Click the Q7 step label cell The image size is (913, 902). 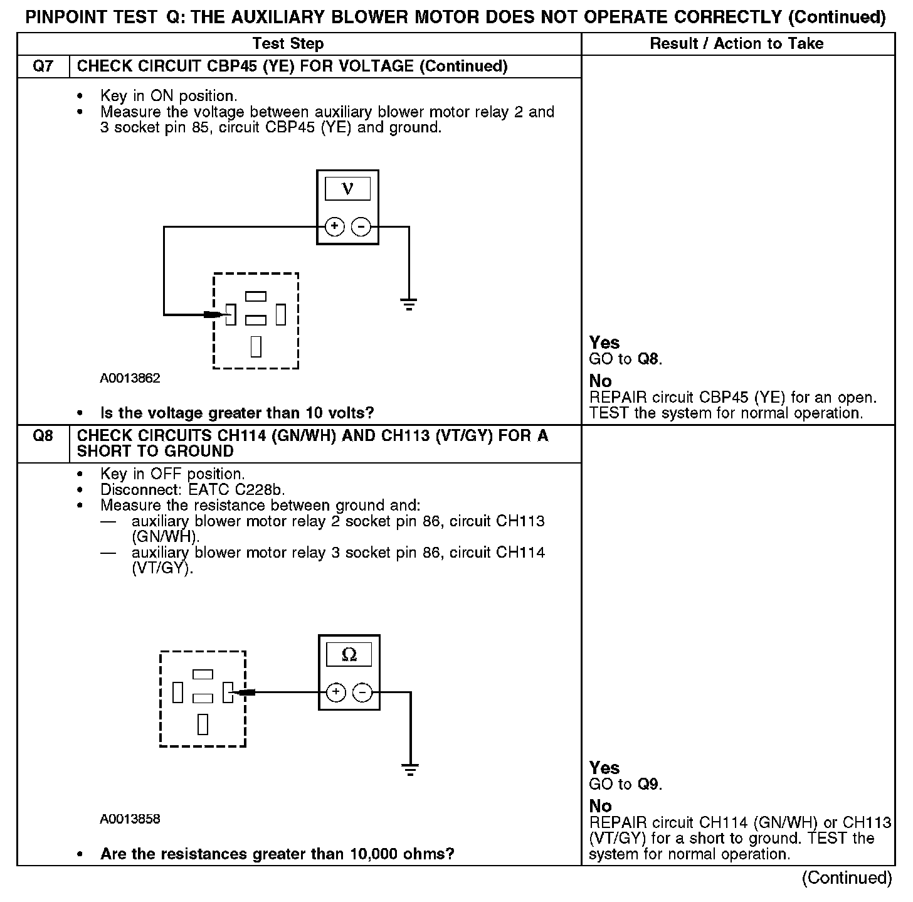[x=43, y=66]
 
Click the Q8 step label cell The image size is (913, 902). [x=43, y=436]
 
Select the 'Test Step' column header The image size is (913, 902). [x=288, y=43]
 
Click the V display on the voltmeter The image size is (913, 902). [x=347, y=189]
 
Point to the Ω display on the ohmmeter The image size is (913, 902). [x=349, y=655]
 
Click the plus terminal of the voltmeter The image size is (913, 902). [x=335, y=226]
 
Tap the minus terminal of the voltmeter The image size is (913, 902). [x=361, y=226]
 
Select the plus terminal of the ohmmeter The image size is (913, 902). [x=337, y=692]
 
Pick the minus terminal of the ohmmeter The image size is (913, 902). [x=362, y=692]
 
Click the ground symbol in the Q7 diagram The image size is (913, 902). [x=409, y=305]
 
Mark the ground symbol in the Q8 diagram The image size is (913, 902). [x=410, y=770]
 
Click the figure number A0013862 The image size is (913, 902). [x=130, y=378]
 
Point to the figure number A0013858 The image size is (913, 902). [x=130, y=819]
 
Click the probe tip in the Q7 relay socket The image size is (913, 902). [x=221, y=314]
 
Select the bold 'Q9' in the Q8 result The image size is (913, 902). [x=649, y=785]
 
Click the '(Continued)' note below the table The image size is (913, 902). [x=847, y=878]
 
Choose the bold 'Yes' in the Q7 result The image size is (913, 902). [x=604, y=343]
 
